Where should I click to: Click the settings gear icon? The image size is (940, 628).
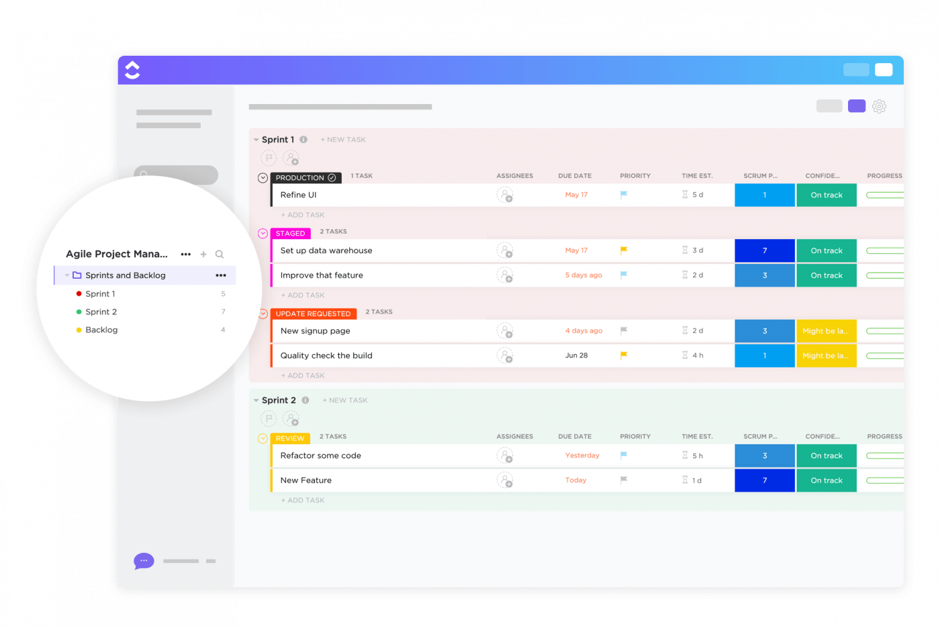[x=879, y=106]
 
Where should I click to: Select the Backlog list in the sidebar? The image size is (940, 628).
[x=101, y=330]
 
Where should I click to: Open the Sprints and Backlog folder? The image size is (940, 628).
[x=125, y=275]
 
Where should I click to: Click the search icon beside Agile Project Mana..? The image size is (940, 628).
[x=220, y=255]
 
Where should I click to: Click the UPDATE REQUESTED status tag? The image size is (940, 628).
[x=313, y=314]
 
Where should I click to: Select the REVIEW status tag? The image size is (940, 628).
[x=290, y=439]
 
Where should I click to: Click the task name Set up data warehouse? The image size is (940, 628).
[x=326, y=251]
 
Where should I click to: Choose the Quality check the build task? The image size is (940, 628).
[x=326, y=355]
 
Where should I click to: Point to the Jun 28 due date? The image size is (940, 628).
[x=576, y=355]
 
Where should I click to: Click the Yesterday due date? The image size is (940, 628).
[x=582, y=455]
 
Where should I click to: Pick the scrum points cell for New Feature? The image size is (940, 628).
[x=765, y=480]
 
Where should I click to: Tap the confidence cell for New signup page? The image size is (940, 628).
[x=826, y=331]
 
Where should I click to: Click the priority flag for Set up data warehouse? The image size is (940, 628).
[x=624, y=251]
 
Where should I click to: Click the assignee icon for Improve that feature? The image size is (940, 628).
[x=505, y=275]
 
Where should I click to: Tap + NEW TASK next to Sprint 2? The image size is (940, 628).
[x=345, y=400]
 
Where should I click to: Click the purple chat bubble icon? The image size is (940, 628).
[x=144, y=561]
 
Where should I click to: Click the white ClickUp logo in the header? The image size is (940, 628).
[x=132, y=70]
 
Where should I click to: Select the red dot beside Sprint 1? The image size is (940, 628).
[x=79, y=294]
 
